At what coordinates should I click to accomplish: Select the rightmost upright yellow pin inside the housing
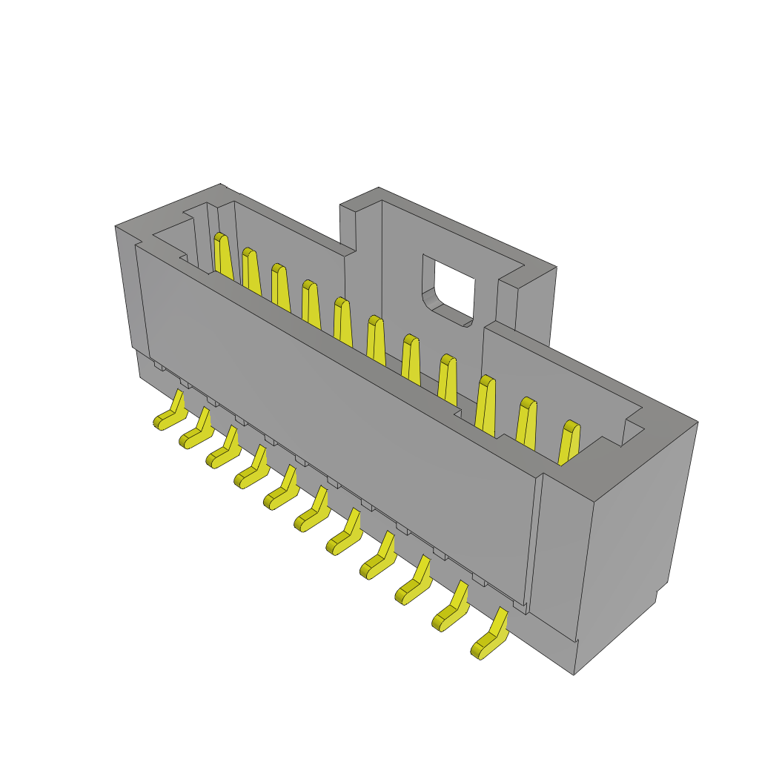(569, 443)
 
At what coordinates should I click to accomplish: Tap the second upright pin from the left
(251, 272)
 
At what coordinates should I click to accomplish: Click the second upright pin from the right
(526, 423)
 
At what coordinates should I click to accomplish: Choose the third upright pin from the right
(485, 406)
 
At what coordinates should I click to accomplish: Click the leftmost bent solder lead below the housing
(171, 414)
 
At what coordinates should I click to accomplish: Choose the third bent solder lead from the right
(414, 584)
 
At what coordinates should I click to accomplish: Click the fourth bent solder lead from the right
(379, 560)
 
